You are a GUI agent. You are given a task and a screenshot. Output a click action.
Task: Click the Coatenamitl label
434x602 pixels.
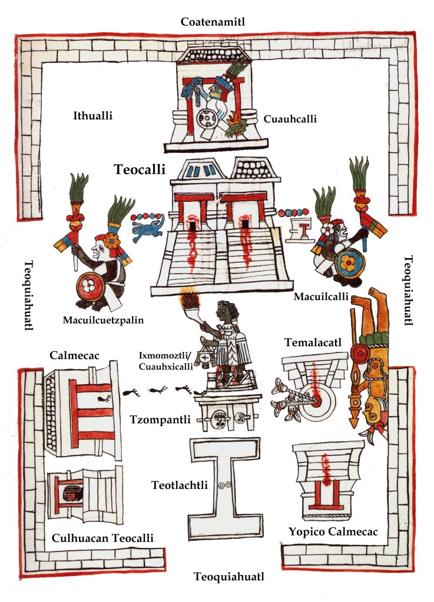(213, 22)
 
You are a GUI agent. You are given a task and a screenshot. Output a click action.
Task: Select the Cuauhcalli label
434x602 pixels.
(290, 118)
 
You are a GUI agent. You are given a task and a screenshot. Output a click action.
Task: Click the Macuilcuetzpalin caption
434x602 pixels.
(103, 320)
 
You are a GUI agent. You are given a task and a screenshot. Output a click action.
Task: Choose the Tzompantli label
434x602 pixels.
(158, 420)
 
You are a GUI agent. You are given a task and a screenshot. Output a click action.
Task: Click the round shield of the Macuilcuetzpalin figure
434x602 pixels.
(91, 287)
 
